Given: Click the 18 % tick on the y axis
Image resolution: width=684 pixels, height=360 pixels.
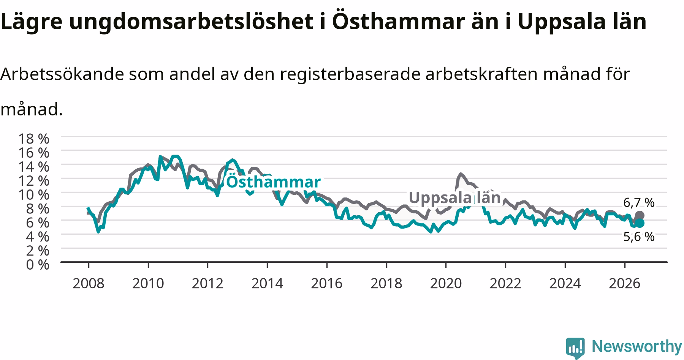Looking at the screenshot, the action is pyautogui.click(x=34, y=139).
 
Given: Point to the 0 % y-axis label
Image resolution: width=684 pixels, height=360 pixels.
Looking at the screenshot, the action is pyautogui.click(x=38, y=265).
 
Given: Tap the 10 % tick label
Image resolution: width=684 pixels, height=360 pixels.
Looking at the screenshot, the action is pyautogui.click(x=34, y=195).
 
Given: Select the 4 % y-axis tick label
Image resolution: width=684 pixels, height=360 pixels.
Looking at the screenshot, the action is pyautogui.click(x=38, y=237).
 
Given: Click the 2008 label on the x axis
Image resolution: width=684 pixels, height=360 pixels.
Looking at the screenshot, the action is pyautogui.click(x=89, y=283).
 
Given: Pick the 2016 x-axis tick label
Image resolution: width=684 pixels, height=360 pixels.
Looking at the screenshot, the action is pyautogui.click(x=327, y=283).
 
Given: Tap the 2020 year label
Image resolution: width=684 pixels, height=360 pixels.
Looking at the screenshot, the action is pyautogui.click(x=446, y=283).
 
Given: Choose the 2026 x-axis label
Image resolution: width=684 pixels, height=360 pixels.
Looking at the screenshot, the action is pyautogui.click(x=624, y=283).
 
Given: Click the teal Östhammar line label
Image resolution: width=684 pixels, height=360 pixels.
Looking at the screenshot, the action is pyautogui.click(x=273, y=182).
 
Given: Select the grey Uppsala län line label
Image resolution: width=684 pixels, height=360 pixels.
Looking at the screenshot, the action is pyautogui.click(x=454, y=197).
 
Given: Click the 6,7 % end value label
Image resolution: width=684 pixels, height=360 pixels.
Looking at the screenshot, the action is pyautogui.click(x=639, y=203).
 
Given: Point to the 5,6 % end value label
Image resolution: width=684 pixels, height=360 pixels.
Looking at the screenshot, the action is pyautogui.click(x=639, y=237).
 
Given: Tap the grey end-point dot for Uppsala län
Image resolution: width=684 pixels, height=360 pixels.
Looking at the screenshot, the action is pyautogui.click(x=640, y=215).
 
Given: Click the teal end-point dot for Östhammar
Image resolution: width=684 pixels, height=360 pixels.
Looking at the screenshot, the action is pyautogui.click(x=640, y=223).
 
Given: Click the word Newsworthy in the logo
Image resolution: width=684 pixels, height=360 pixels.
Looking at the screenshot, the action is pyautogui.click(x=637, y=346).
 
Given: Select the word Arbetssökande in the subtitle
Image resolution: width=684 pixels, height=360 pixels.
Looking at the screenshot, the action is pyautogui.click(x=62, y=74).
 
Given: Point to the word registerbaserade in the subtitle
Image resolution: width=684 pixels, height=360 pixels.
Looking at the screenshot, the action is pyautogui.click(x=350, y=75).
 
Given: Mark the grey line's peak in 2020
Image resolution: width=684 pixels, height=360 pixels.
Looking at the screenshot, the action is pyautogui.click(x=461, y=174).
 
